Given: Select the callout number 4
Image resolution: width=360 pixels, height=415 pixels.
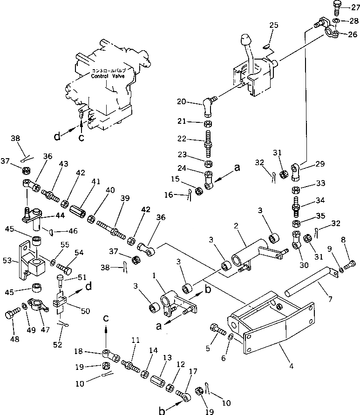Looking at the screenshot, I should tap(291, 366).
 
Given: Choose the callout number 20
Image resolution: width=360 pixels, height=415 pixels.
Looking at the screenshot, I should tap(181, 101).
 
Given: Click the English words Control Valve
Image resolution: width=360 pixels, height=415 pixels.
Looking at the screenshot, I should tap(109, 75).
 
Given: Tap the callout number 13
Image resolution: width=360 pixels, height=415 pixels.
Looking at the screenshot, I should tap(166, 357).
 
